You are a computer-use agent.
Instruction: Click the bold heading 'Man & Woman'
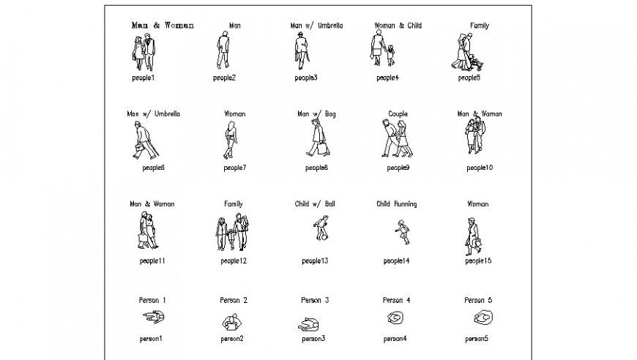[163, 26]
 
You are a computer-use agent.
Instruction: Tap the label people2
[224, 78]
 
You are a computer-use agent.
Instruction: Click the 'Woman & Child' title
[398, 26]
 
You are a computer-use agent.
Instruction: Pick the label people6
[153, 168]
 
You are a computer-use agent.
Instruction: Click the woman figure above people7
[231, 140]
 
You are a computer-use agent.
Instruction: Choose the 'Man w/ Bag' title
[316, 114]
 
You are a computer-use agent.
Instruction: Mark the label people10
[480, 168]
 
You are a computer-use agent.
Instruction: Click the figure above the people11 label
[147, 230]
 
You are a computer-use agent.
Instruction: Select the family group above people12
[231, 233]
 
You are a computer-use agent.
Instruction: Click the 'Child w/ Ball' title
[315, 204]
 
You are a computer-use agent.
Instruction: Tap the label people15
[478, 261]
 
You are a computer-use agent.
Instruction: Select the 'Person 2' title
[234, 300]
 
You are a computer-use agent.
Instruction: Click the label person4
[394, 339]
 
